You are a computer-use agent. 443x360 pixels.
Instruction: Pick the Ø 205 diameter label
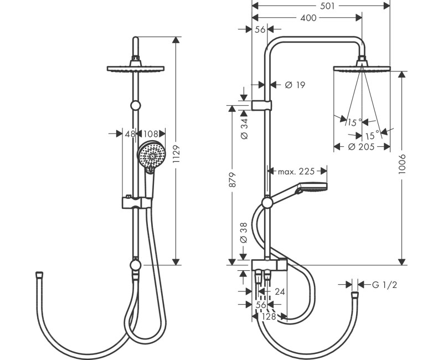360,147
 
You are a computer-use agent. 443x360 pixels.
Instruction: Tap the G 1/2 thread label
385,285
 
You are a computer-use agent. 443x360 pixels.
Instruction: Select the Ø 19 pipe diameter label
295,85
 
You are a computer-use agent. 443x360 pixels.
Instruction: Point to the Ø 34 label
245,128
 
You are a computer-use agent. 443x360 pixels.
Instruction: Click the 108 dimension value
151,133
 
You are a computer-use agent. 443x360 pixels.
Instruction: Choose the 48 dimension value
130,133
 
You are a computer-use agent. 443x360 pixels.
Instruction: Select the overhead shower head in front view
135,69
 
